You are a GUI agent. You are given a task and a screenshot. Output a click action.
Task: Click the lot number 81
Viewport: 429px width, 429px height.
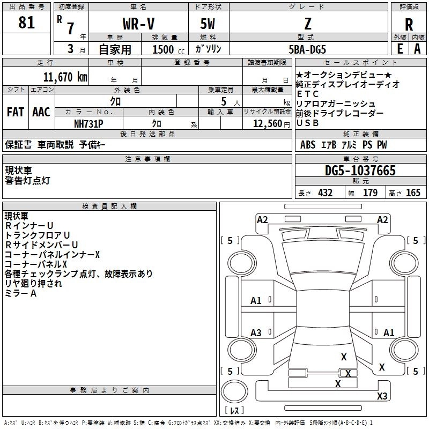tap(27, 23)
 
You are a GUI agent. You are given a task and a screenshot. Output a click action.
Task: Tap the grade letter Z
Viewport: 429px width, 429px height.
tap(308, 24)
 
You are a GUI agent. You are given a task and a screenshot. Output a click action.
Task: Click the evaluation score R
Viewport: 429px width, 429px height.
tap(409, 24)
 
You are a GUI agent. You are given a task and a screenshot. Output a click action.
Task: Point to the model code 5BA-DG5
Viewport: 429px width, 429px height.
tap(307, 49)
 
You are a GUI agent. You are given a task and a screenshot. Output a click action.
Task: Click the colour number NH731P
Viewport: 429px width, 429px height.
tap(89, 123)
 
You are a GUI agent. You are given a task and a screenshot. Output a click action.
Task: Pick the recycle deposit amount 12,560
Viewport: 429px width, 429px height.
tap(266, 123)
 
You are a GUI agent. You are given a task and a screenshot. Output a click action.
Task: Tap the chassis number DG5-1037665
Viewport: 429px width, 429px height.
tap(360, 171)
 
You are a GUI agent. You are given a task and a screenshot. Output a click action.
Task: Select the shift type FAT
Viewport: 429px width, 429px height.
tap(16, 112)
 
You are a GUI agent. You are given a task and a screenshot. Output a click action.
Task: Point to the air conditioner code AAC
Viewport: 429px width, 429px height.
tap(41, 112)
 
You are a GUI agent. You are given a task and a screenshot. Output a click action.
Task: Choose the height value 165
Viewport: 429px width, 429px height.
tap(413, 193)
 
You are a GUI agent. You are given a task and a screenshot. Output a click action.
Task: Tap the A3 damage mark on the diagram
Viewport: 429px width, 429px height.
tap(256, 333)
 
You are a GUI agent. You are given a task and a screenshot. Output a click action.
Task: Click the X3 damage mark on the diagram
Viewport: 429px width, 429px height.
tap(382, 396)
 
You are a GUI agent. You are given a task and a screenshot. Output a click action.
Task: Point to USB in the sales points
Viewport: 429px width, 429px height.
tap(307, 123)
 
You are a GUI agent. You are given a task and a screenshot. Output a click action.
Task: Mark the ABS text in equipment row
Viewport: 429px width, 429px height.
tap(308, 145)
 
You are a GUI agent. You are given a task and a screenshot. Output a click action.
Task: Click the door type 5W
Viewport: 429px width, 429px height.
tap(209, 24)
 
